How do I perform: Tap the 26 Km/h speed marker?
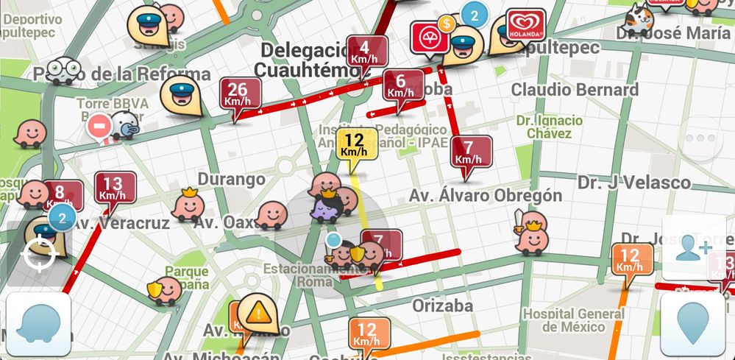click(x=238, y=94)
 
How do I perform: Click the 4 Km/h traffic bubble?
click(x=367, y=50)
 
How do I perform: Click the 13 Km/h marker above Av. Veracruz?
click(x=115, y=188)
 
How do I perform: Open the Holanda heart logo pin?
click(x=525, y=27)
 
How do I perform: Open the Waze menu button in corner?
click(x=38, y=325)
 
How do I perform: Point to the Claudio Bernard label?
click(x=575, y=90)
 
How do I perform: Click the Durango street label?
click(x=231, y=179)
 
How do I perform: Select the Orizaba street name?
click(x=442, y=305)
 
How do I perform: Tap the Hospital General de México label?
click(x=574, y=320)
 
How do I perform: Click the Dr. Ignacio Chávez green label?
click(x=550, y=126)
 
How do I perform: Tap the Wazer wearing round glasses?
click(x=63, y=70)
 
